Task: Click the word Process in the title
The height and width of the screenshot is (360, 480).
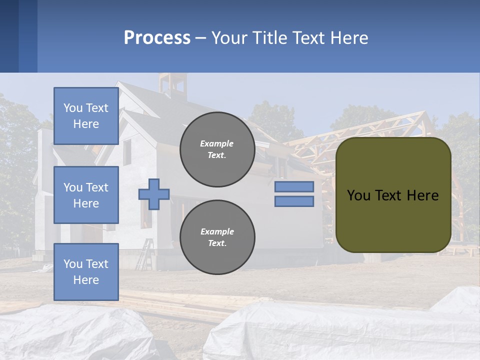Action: click(157, 38)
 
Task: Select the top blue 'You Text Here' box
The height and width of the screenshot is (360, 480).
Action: click(86, 116)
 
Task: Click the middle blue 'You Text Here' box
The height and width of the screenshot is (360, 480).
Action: click(86, 195)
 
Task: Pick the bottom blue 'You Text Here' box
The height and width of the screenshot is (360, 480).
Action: click(86, 272)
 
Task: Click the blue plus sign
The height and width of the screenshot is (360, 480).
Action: click(154, 194)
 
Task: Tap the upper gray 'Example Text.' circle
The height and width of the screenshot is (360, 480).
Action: click(217, 149)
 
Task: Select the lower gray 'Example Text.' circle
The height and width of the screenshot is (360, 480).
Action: click(217, 237)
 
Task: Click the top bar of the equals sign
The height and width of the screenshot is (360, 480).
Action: click(294, 186)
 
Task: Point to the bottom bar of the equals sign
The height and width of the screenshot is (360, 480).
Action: click(294, 201)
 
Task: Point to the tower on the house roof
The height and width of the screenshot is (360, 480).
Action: click(172, 85)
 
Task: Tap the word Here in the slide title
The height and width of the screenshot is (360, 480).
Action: click(348, 38)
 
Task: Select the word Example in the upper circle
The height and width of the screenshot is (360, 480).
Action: click(217, 143)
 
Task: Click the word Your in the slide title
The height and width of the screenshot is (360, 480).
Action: click(229, 38)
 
